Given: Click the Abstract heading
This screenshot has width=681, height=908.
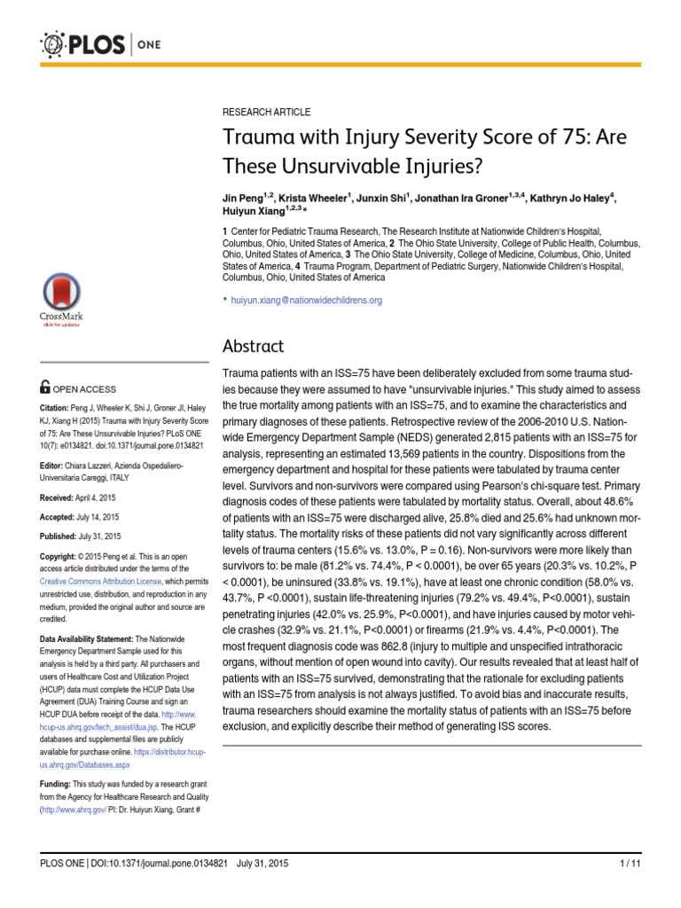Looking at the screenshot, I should pyautogui.click(x=253, y=347).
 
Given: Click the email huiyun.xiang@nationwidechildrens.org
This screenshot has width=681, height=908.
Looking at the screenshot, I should pyautogui.click(x=307, y=301).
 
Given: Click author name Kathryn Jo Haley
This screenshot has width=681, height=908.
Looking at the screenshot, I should pyautogui.click(x=567, y=197).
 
